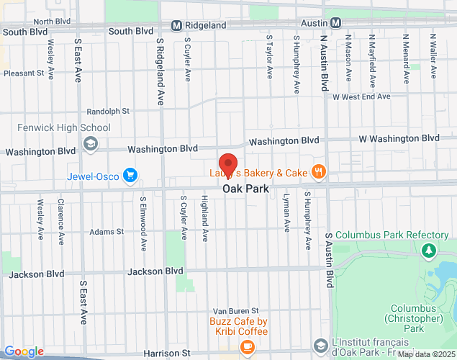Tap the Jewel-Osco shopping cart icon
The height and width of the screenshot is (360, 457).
(x=130, y=175)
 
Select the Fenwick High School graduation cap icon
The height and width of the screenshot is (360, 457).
(x=90, y=143)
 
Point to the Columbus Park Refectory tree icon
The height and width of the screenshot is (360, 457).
(x=429, y=250)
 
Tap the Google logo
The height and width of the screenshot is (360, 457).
(x=23, y=351)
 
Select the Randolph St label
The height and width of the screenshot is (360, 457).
(x=107, y=112)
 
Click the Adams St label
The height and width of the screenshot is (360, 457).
(x=107, y=232)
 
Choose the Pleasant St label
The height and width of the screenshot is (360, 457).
(x=24, y=73)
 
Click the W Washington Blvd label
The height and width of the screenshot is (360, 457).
(x=399, y=138)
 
